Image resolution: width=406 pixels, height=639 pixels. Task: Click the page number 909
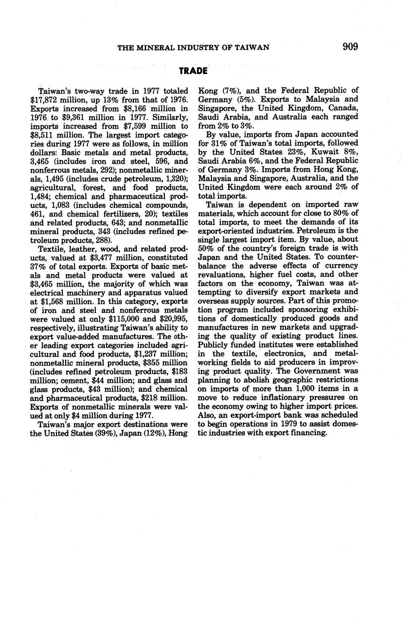click(x=350, y=47)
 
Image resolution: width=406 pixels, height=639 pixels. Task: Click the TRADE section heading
click(x=193, y=71)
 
